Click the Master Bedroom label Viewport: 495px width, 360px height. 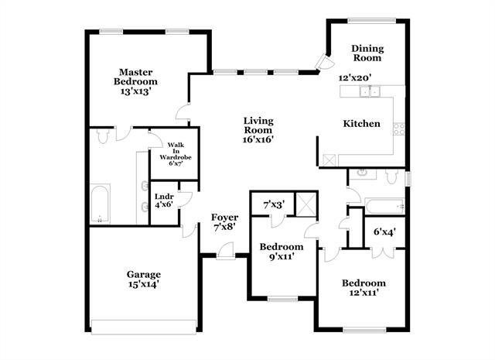pos(135,76)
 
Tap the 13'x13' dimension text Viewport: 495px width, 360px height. pos(135,91)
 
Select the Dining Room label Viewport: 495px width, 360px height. pos(368,53)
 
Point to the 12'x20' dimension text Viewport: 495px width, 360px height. pos(356,77)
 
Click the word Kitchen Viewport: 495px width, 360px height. pos(362,123)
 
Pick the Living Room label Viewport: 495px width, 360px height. pos(258,125)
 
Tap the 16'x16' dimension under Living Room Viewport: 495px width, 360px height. pos(258,140)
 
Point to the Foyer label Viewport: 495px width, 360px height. pos(225,218)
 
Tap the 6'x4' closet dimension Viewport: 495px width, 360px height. pos(384,231)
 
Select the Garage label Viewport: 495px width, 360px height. pos(144,274)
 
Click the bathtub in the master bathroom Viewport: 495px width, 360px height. pos(100,204)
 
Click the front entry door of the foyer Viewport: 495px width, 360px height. pos(224,252)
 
